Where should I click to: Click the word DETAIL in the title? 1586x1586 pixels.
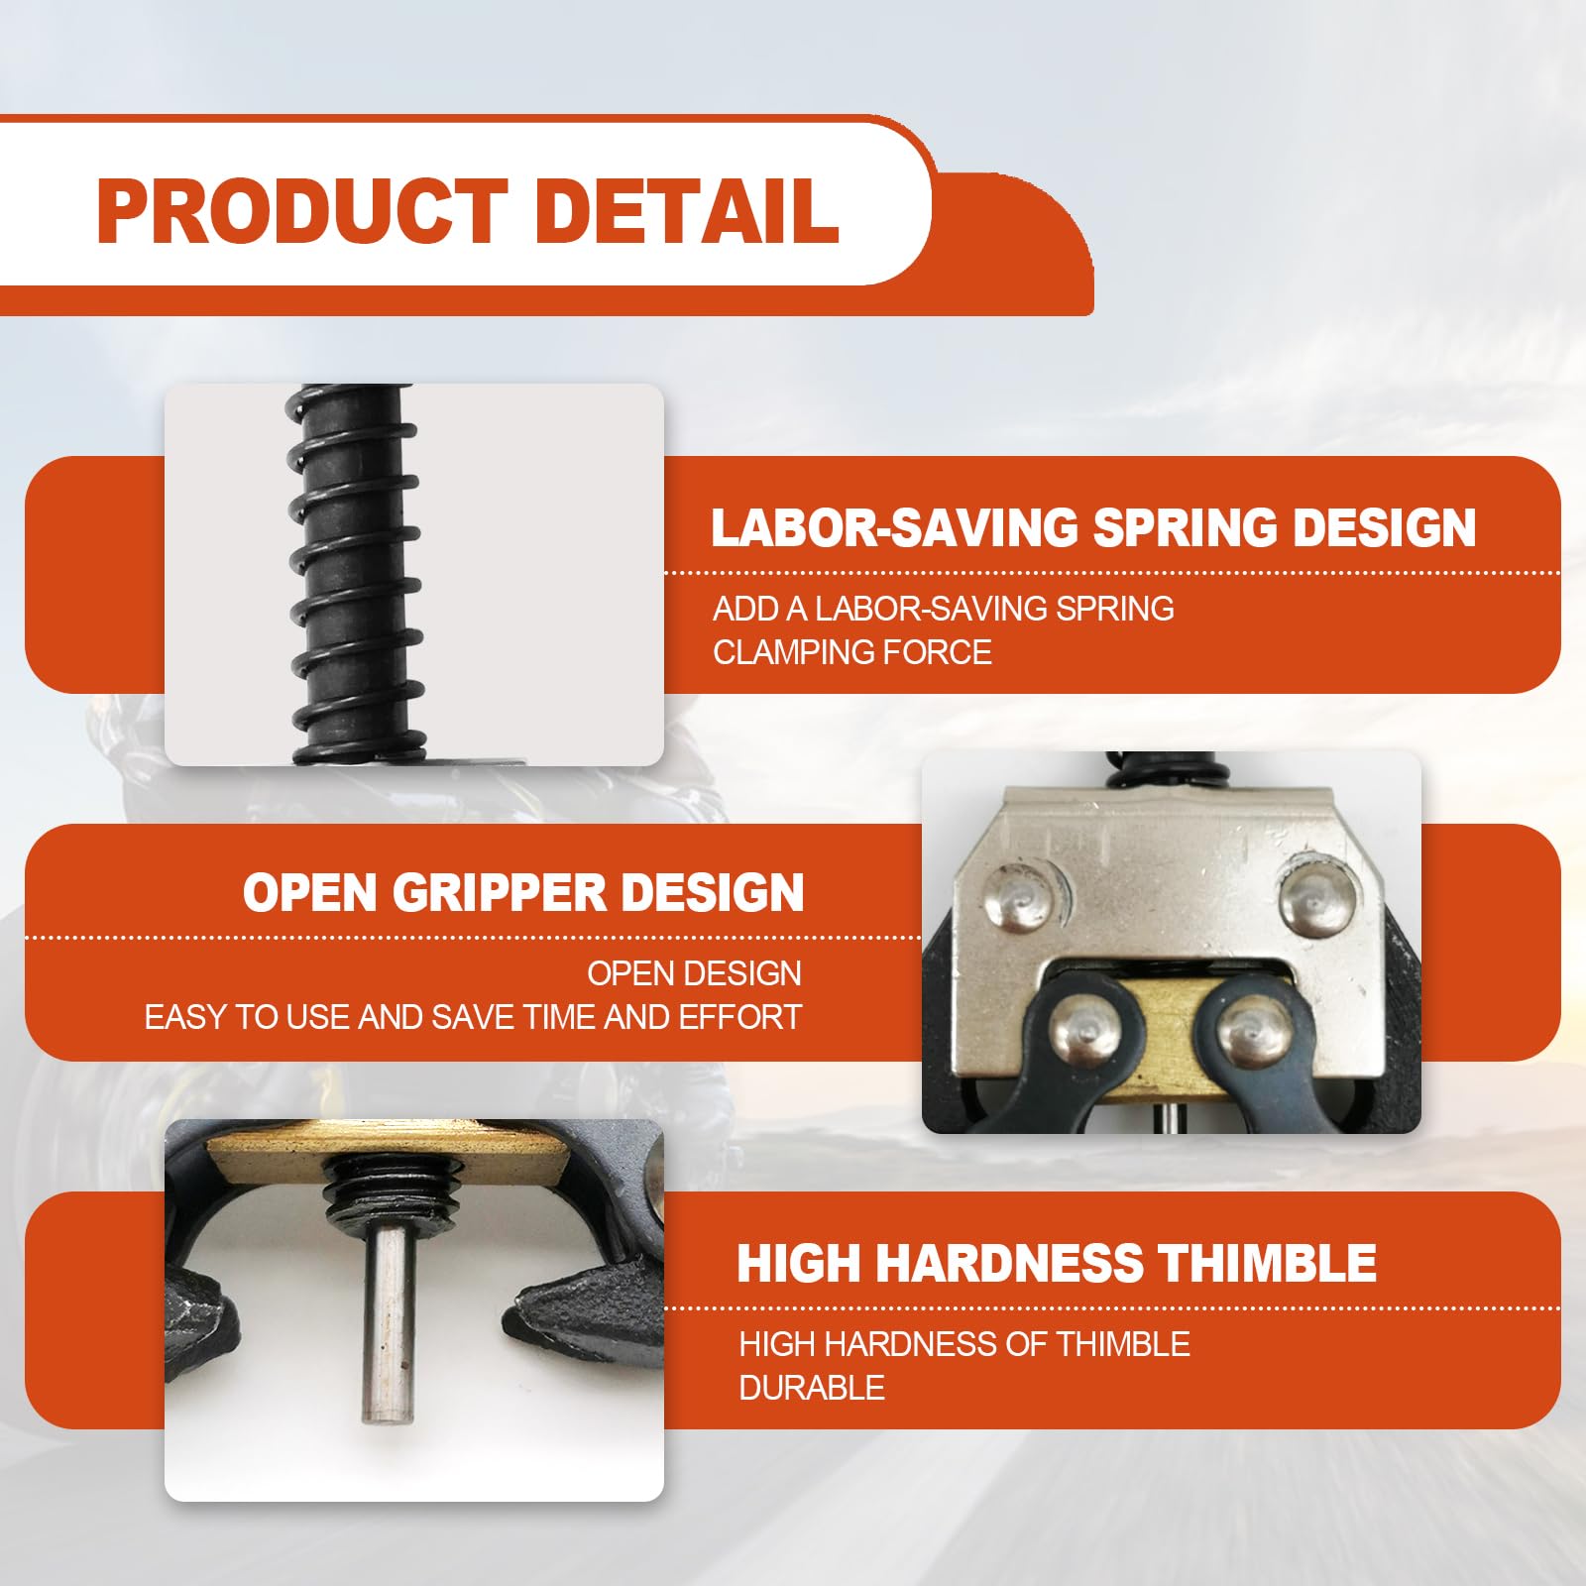coord(687,211)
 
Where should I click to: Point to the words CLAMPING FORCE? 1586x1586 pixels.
coord(851,652)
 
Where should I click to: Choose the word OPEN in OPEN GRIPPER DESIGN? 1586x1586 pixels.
coord(311,892)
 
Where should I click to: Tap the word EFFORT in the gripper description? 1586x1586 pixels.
coord(739,1017)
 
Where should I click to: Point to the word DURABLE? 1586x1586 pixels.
coord(811,1388)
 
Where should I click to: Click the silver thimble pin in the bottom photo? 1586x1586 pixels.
coord(386,1328)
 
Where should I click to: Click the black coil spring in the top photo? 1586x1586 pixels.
coord(355,575)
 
